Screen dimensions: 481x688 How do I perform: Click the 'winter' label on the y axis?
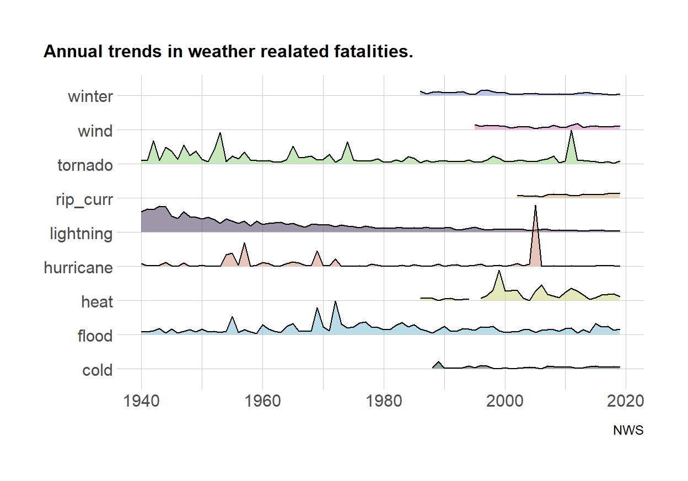point(90,97)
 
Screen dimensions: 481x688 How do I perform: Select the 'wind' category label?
point(95,131)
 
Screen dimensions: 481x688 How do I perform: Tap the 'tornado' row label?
point(85,165)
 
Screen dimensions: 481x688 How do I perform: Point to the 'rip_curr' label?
point(85,199)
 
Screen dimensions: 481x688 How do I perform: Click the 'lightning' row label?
point(81,234)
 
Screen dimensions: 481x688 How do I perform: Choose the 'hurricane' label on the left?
point(78,268)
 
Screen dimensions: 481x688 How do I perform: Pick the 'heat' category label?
point(96,302)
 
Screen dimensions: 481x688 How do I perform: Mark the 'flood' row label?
point(95,336)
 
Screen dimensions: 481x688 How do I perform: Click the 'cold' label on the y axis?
point(97,370)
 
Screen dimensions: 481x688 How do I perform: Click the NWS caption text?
point(628,431)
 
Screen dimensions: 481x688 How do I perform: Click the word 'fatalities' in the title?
point(364,52)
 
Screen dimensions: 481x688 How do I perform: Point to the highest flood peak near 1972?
point(335,302)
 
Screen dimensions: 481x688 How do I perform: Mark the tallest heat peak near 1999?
point(499,271)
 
